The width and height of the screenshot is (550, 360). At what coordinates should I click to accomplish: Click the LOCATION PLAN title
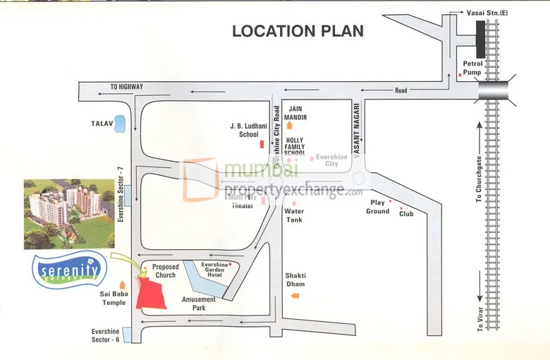point(298,30)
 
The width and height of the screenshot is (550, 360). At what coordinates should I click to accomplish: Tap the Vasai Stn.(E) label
point(487,12)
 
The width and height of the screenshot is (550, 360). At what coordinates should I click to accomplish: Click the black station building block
point(481,38)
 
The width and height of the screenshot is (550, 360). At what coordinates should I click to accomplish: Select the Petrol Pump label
point(472,67)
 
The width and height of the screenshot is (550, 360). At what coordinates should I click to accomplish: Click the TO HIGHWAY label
point(126,87)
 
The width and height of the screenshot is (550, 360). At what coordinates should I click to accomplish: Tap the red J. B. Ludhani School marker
point(262,145)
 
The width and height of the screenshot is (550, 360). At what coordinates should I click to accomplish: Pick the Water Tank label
point(294,215)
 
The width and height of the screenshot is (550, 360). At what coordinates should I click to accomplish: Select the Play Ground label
point(377,207)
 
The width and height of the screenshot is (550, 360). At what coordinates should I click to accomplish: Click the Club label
point(406,213)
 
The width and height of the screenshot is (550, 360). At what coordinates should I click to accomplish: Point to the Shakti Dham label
point(295,280)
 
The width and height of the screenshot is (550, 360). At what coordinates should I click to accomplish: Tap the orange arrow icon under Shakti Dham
point(295,294)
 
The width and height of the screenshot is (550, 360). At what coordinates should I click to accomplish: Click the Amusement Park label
point(198,304)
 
